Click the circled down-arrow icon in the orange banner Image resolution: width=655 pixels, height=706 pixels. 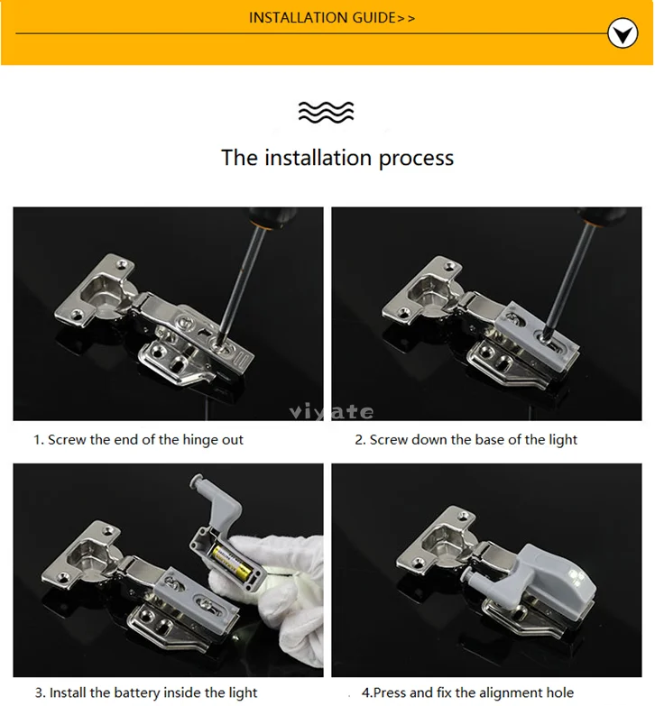(623, 32)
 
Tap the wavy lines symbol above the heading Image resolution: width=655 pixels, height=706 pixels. (327, 112)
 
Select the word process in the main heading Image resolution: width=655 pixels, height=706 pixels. (416, 159)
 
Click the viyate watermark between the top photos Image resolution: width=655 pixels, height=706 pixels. (331, 411)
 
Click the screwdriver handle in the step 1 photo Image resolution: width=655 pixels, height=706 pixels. (272, 217)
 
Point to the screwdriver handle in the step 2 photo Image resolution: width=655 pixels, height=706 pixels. (602, 215)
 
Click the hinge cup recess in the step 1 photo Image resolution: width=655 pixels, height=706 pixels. (101, 292)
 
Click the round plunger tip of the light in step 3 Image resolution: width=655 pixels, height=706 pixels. (197, 481)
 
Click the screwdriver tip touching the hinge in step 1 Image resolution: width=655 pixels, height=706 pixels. (219, 343)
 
